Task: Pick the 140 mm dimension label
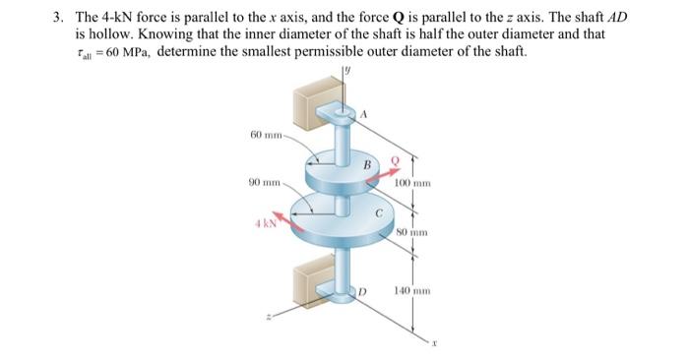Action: [x=410, y=292]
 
